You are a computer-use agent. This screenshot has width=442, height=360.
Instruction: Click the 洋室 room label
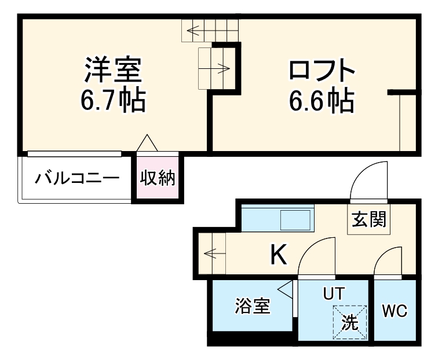click(112, 71)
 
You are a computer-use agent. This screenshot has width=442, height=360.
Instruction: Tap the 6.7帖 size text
click(112, 101)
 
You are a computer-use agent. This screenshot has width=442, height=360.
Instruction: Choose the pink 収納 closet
click(158, 178)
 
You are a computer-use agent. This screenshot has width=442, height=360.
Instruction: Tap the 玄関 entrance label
click(368, 220)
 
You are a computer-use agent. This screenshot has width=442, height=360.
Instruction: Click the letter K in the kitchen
click(279, 255)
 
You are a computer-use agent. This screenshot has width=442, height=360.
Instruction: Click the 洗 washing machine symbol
click(349, 322)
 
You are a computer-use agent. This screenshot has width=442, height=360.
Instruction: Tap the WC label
click(394, 311)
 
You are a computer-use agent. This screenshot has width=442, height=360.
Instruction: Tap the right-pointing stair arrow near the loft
click(220, 69)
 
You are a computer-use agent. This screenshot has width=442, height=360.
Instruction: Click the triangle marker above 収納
click(147, 143)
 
